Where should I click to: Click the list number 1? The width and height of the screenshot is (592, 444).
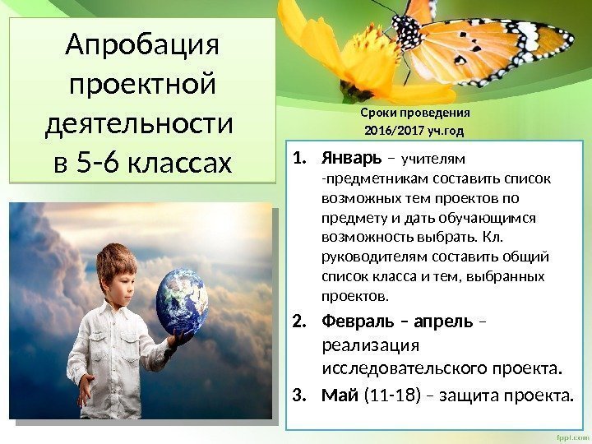(x=299, y=157)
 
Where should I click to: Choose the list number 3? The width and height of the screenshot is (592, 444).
(x=299, y=399)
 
